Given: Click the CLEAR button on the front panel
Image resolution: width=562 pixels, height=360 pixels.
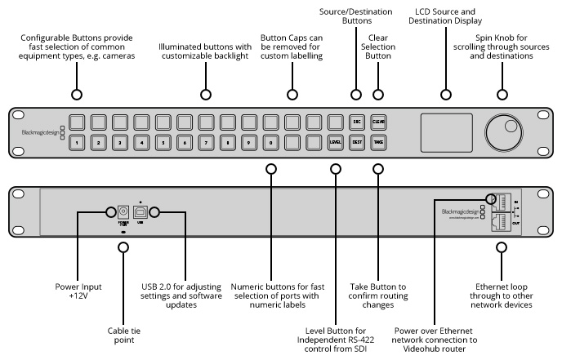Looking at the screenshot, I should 378,122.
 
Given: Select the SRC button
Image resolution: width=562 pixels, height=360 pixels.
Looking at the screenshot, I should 356,122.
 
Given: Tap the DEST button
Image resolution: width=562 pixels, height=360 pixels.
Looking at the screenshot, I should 356,143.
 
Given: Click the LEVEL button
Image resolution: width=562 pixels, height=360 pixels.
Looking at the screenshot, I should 334,143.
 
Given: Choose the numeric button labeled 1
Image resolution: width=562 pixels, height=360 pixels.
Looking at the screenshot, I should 76,143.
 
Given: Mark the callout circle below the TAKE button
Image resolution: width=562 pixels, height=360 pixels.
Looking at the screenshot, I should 378,170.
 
